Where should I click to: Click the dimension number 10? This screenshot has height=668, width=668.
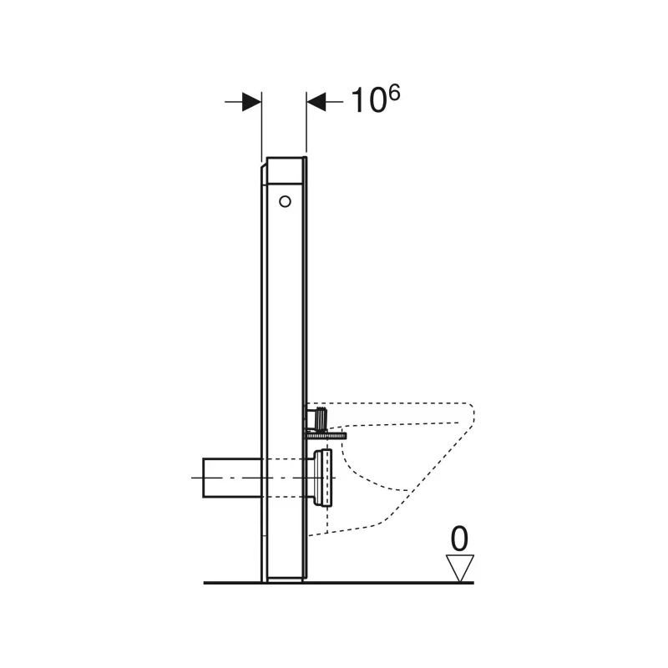[368, 101]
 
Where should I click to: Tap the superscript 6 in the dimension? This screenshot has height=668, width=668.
[394, 93]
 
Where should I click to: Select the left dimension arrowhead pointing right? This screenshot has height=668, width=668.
[251, 102]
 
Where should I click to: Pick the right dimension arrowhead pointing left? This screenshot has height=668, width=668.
[316, 102]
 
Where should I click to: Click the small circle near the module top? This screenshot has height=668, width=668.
[285, 201]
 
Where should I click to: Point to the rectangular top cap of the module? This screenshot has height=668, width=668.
[285, 170]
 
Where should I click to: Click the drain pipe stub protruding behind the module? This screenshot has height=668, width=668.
[232, 478]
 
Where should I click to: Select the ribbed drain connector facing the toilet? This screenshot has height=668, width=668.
[323, 478]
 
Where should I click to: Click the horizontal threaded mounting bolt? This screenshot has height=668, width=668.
[325, 435]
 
